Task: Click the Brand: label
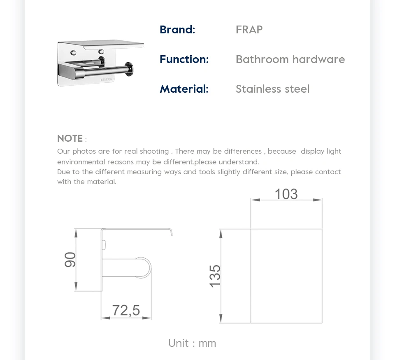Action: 177,30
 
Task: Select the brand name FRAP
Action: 249,30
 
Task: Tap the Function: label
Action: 184,59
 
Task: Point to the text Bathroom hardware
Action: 290,59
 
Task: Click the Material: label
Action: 184,89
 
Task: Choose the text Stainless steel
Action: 272,89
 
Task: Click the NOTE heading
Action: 70,138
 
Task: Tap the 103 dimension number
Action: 286,194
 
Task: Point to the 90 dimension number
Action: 70,259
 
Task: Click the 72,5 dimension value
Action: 126,310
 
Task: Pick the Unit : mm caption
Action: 192,343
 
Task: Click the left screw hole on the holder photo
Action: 74,52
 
